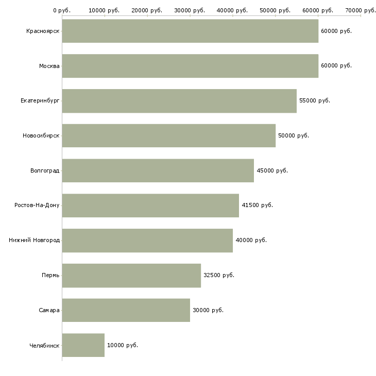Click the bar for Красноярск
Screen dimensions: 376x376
point(190,31)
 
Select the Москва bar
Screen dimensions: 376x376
point(190,66)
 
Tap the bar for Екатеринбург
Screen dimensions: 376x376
point(179,101)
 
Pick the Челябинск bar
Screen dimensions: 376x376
point(83,345)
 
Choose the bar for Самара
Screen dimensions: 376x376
point(126,310)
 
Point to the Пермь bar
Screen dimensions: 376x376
point(131,276)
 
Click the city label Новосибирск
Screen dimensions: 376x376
point(41,136)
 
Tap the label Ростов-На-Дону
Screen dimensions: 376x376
point(37,206)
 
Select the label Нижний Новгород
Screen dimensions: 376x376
point(35,241)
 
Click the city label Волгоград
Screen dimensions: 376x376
point(45,170)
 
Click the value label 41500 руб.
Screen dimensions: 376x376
point(258,206)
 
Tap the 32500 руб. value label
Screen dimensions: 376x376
point(219,276)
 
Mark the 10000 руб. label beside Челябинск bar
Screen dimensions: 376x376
point(123,345)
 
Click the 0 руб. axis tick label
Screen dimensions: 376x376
point(62,10)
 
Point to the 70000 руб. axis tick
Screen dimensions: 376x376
point(361,10)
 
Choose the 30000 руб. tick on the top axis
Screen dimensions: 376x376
point(190,10)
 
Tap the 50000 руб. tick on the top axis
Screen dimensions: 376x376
point(276,10)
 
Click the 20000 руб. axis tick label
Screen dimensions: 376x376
point(147,10)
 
